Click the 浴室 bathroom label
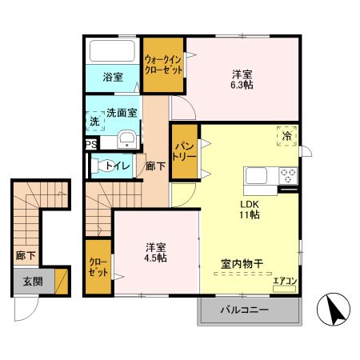[113, 78]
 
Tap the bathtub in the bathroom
[113, 51]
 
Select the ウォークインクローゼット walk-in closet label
[164, 64]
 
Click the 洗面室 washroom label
[122, 113]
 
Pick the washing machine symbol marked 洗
[94, 122]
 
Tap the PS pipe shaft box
[91, 145]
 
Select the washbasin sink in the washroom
[127, 141]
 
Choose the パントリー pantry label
[183, 151]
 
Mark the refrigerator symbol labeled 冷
[286, 137]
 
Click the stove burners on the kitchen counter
[287, 175]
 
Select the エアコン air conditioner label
[285, 281]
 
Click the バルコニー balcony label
[246, 311]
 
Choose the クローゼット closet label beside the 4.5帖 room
[99, 266]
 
